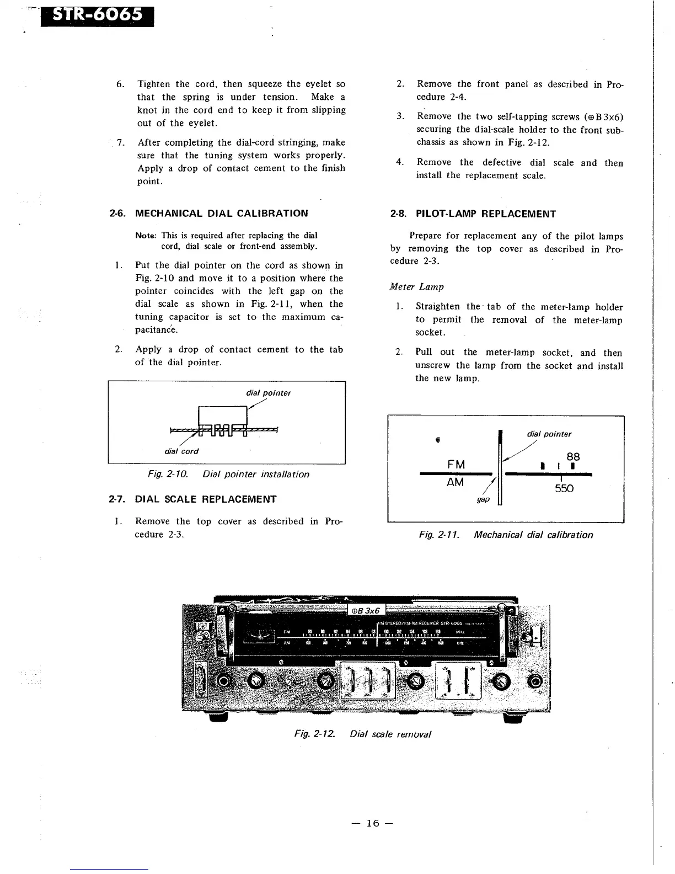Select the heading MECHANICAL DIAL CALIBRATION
[221, 214]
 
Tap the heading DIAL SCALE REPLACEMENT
[206, 499]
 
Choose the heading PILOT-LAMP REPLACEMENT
[485, 214]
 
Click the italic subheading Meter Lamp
[416, 287]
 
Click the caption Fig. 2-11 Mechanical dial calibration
[506, 535]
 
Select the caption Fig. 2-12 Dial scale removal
[362, 734]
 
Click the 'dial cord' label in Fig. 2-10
[181, 451]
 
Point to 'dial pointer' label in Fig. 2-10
[268, 393]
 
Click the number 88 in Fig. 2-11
[573, 457]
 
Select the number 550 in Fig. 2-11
[564, 488]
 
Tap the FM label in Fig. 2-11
[456, 465]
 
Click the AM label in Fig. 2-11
[456, 483]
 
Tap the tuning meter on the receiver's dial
[261, 636]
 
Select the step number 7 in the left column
[119, 143]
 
